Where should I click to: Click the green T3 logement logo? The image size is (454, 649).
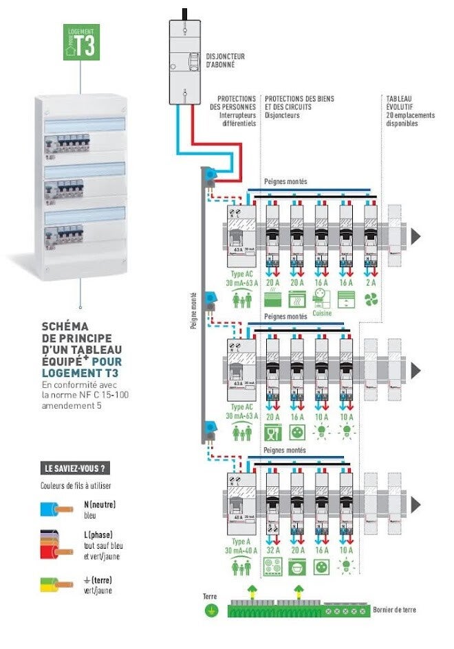[81, 42]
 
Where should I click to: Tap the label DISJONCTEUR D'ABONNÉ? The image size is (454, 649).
[226, 60]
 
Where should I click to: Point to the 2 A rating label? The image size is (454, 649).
[371, 282]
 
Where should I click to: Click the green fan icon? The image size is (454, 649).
[371, 299]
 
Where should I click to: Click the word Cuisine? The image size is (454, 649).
[321, 313]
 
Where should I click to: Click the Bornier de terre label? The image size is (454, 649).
[394, 609]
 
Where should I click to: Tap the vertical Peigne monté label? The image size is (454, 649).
[193, 309]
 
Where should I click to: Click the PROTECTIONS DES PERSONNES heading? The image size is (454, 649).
[237, 103]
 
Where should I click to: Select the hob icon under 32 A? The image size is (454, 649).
[272, 567]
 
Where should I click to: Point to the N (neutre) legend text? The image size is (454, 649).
[100, 504]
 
